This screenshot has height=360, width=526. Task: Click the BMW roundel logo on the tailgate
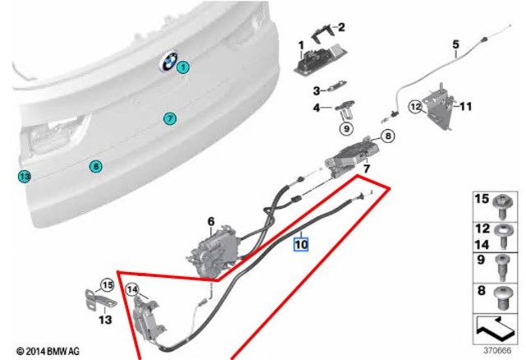tap(168, 61)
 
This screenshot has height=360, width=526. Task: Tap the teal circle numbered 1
tap(183, 67)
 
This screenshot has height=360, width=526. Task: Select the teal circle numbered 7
tap(170, 118)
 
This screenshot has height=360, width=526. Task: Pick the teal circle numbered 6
tap(95, 166)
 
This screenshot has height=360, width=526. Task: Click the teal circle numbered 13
tap(25, 176)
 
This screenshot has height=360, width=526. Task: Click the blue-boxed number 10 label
tap(301, 244)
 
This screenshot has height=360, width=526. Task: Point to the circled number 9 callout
tap(346, 128)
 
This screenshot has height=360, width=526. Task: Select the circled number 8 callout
tap(388, 136)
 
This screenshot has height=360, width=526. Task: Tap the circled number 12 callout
tap(415, 107)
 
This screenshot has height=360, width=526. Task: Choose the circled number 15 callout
tap(108, 285)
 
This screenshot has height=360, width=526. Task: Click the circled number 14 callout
tap(132, 290)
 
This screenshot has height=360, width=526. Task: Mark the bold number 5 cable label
tap(455, 44)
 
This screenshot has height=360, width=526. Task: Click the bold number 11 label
tap(465, 107)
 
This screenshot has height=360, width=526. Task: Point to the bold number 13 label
tap(105, 320)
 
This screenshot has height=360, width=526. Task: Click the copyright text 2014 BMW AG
tap(48, 352)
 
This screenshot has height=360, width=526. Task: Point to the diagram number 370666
tap(497, 351)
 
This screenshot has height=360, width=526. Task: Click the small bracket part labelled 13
tap(99, 301)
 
